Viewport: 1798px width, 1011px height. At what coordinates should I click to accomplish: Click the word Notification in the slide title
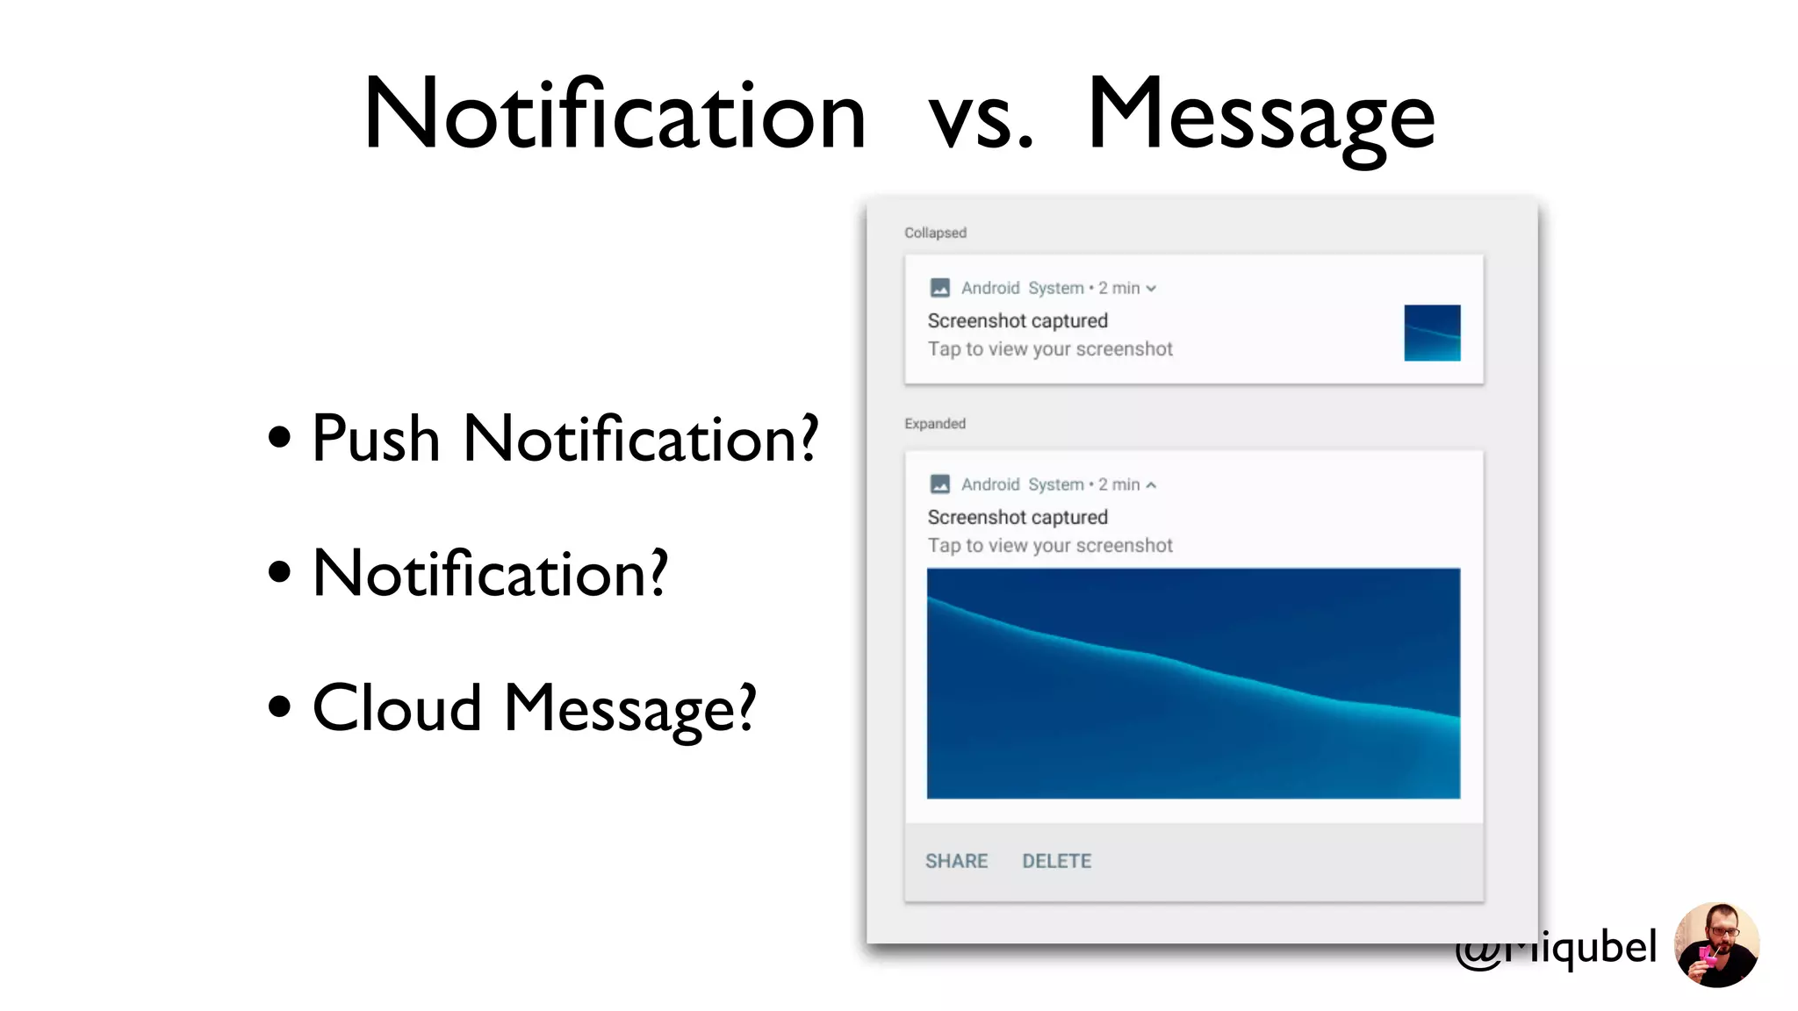coord(615,114)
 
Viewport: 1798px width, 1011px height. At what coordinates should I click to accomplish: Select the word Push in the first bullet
coord(376,438)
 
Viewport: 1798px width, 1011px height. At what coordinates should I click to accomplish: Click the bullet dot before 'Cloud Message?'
coord(279,706)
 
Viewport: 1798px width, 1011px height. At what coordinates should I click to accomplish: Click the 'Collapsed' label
coord(935,233)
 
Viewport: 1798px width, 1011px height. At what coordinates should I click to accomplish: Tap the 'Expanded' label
coord(935,424)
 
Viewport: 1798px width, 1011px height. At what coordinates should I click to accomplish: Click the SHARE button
coord(956,861)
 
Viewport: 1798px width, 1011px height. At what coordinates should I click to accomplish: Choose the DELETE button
coord(1056,861)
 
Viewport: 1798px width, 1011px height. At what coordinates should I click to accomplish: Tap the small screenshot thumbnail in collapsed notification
coord(1432,333)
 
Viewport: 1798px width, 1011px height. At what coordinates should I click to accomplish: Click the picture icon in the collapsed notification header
coord(939,288)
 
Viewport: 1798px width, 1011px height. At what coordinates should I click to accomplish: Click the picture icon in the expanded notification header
coord(939,484)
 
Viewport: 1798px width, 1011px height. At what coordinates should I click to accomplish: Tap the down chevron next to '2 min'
coord(1151,289)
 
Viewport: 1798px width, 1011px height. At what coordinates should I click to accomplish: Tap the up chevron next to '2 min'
coord(1151,484)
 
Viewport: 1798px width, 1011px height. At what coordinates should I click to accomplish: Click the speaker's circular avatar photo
coord(1716,945)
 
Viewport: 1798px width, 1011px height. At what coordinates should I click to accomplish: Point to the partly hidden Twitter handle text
coord(1580,948)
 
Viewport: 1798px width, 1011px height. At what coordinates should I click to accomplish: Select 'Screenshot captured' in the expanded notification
coord(1018,517)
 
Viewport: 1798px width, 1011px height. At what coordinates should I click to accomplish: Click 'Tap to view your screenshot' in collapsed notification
coord(1050,349)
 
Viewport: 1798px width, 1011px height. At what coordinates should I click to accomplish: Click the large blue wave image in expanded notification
coord(1193,684)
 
